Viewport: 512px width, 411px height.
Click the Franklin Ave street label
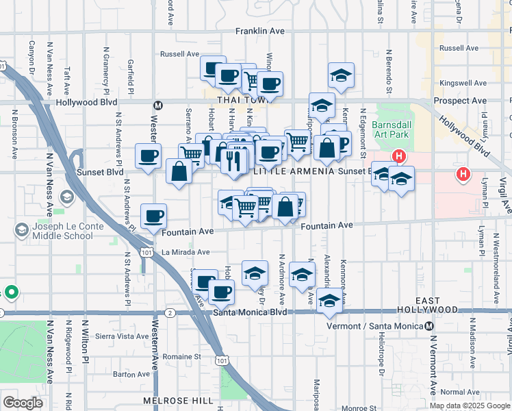click(x=259, y=32)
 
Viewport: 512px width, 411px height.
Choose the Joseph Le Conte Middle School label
click(x=62, y=231)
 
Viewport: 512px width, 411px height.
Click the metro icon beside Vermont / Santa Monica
click(x=430, y=325)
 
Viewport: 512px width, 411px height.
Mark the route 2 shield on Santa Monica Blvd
click(x=170, y=312)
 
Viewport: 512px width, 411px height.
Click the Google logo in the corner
click(x=23, y=403)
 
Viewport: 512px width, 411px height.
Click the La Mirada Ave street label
click(x=185, y=252)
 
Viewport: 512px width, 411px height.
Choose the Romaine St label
click(x=182, y=356)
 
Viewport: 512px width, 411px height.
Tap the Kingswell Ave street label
click(x=462, y=83)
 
